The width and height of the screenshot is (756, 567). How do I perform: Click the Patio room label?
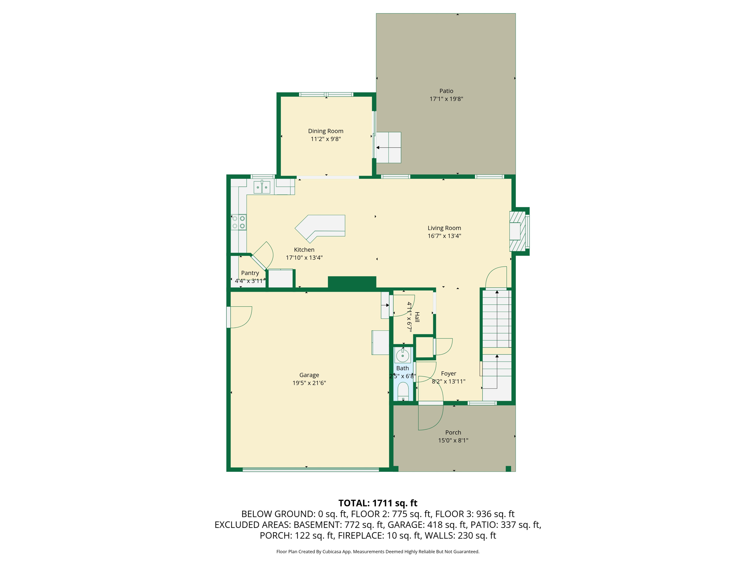pyautogui.click(x=446, y=91)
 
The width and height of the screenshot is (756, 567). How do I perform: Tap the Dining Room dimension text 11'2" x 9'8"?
pyautogui.click(x=326, y=139)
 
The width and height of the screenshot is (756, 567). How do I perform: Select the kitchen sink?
pyautogui.click(x=262, y=187)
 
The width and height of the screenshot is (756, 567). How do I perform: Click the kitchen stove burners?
pyautogui.click(x=238, y=222)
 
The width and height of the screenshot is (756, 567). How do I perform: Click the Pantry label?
pyautogui.click(x=250, y=273)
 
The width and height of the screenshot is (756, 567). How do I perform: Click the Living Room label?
pyautogui.click(x=444, y=228)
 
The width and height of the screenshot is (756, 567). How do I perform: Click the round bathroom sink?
pyautogui.click(x=402, y=356)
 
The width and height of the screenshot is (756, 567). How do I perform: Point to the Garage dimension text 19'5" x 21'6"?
pyautogui.click(x=309, y=383)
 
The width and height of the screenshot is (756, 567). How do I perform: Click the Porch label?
pyautogui.click(x=453, y=432)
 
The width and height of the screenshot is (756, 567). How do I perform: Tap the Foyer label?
pyautogui.click(x=449, y=374)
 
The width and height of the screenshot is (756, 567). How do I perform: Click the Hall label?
pyautogui.click(x=417, y=317)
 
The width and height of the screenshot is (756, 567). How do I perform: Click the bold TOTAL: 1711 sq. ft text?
pyautogui.click(x=378, y=503)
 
